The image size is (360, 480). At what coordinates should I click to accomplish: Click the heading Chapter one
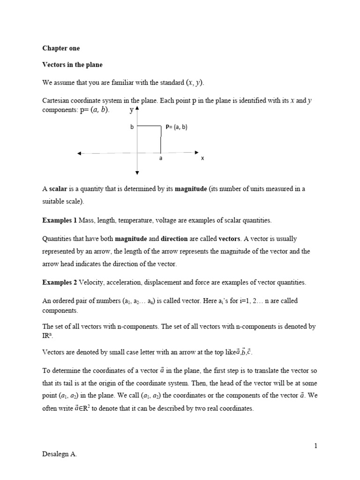[x=61, y=48]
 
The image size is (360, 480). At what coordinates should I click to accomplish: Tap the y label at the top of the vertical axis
[x=131, y=111]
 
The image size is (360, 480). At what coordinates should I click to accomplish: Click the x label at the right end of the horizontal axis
[x=202, y=158]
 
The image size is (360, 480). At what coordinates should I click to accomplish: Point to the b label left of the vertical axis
[x=132, y=127]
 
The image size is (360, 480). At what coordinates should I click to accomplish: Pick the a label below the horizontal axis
[x=160, y=158]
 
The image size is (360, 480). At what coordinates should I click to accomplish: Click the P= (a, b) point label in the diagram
[x=177, y=127]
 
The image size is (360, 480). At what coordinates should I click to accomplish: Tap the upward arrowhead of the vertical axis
[x=137, y=109]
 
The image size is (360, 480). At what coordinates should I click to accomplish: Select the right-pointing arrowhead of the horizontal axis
[x=196, y=152]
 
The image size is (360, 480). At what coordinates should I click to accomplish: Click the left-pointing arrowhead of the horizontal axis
[x=80, y=153]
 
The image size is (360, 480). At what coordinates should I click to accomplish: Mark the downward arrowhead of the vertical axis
[x=137, y=173]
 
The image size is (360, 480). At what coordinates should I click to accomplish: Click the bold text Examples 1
[x=60, y=220]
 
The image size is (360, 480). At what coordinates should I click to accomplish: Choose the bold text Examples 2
[x=60, y=282]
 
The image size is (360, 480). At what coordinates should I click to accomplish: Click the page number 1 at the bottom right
[x=316, y=446]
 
